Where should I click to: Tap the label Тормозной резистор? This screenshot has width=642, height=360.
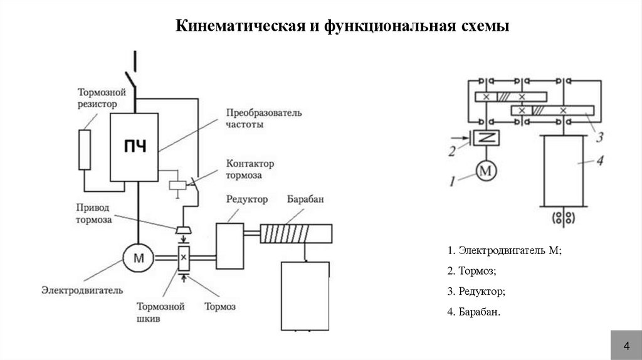(98, 97)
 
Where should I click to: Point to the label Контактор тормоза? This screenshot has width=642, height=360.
(249, 169)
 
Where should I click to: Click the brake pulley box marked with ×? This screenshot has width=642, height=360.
(184, 257)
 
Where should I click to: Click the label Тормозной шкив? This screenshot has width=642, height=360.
(161, 312)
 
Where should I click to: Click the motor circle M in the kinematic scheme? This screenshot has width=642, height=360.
(485, 170)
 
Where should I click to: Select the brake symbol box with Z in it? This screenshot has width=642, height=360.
(484, 138)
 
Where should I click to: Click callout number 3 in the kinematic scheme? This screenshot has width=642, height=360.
(599, 137)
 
